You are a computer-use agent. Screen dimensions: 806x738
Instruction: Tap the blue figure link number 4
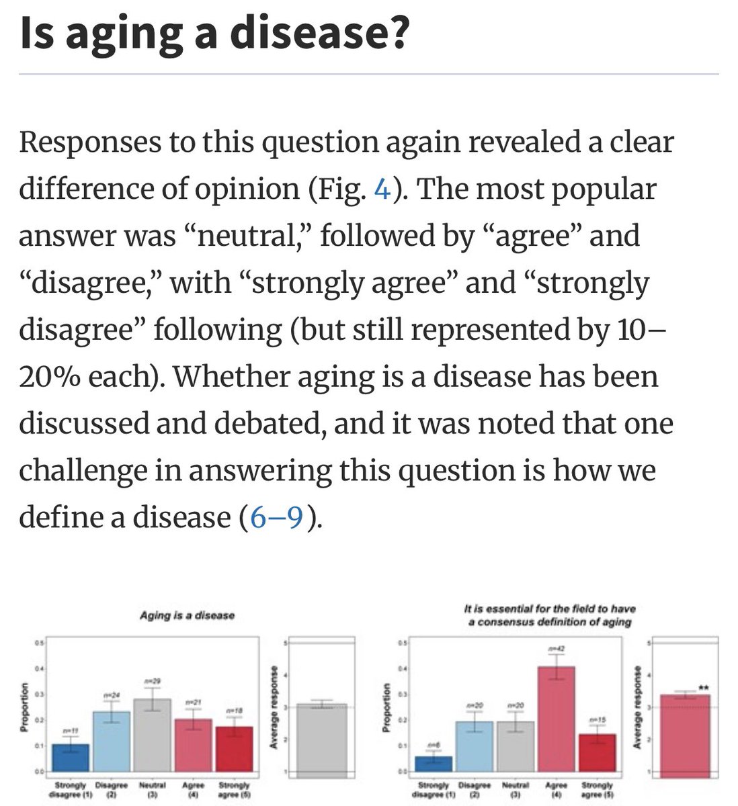point(382,189)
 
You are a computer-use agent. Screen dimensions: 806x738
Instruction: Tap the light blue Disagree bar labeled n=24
point(112,742)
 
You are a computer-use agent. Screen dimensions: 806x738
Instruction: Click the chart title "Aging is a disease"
point(187,615)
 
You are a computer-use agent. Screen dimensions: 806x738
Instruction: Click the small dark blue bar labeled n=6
point(434,764)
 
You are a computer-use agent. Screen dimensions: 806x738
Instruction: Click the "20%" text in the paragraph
point(48,376)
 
